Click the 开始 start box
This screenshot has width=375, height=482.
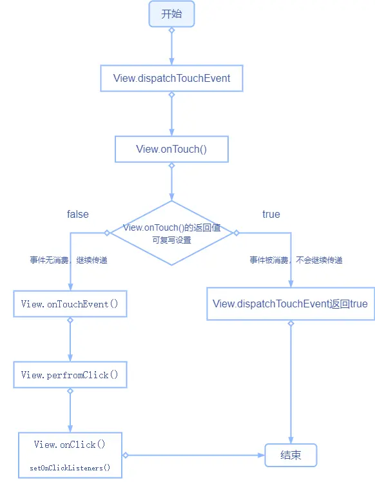coord(171,14)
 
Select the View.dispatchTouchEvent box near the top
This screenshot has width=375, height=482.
coord(171,78)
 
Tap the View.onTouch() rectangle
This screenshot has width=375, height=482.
coord(171,149)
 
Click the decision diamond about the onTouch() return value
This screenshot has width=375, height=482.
coord(171,233)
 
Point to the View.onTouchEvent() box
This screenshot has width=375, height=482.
coord(70,304)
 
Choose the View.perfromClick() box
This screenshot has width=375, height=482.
coord(70,375)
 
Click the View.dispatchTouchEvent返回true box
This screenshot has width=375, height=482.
coord(290,304)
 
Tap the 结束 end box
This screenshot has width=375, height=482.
coord(291,455)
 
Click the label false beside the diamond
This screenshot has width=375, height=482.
coord(78,214)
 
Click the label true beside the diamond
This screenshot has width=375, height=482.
coord(271,214)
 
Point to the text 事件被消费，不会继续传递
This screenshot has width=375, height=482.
coord(296,260)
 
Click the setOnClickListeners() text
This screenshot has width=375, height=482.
coord(70,468)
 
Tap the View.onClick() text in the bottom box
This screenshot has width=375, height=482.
coord(70,445)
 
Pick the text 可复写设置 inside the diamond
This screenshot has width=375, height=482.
coord(171,240)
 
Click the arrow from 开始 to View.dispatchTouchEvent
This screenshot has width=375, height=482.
coord(171,47)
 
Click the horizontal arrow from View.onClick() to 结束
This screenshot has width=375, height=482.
coord(193,455)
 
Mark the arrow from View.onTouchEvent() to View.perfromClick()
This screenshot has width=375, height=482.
coord(70,340)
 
